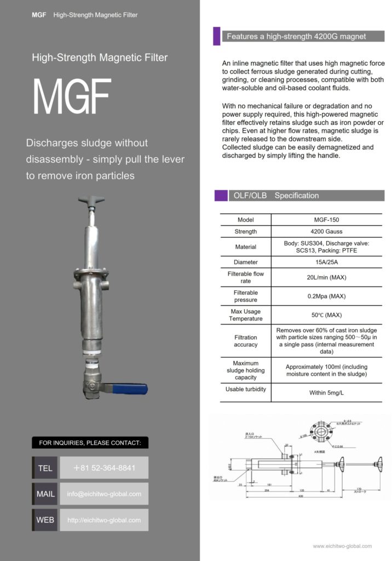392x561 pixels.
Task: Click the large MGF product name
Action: [72, 98]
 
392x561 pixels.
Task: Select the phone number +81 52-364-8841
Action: [104, 468]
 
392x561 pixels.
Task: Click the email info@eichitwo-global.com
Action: [104, 494]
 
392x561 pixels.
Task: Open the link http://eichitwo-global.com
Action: [104, 520]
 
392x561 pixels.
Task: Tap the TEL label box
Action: [45, 468]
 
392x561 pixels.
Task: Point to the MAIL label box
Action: [45, 494]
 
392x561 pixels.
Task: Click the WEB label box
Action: [45, 520]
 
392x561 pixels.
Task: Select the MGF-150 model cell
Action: [326, 220]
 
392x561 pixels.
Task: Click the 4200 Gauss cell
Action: [326, 231]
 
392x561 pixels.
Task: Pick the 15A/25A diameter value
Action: [326, 262]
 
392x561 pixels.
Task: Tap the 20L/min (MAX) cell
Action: [326, 277]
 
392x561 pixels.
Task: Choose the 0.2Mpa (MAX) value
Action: [326, 296]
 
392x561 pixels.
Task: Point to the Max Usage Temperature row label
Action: [245, 315]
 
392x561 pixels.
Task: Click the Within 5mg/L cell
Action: [326, 392]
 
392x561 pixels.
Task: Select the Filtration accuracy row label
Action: [245, 341]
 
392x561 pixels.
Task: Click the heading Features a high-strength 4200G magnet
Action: [296, 37]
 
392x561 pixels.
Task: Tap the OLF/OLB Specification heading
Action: [276, 196]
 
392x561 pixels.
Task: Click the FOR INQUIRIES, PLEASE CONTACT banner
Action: [90, 443]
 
